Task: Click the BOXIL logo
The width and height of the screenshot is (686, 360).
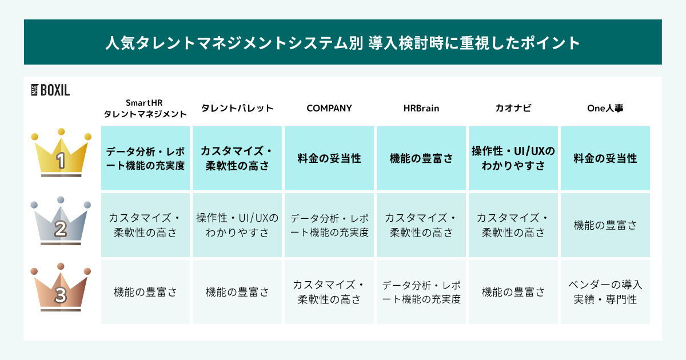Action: click(x=50, y=90)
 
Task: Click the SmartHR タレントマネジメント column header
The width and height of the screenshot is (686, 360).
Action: click(x=145, y=108)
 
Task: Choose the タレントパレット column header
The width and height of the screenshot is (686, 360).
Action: click(x=237, y=108)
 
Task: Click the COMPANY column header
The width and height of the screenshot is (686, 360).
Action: click(x=329, y=108)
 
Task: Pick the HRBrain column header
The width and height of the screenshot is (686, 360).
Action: click(x=421, y=108)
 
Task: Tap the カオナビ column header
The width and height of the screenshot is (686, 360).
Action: click(x=513, y=108)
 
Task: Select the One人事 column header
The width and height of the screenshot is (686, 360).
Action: click(x=605, y=108)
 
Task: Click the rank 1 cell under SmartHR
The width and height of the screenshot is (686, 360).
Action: click(x=145, y=158)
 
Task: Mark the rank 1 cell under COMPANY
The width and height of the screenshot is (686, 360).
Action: click(x=329, y=158)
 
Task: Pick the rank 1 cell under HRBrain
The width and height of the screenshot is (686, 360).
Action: click(x=421, y=158)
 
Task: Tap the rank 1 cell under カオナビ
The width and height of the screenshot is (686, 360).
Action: click(x=513, y=158)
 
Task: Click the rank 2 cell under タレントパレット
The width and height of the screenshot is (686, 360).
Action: click(x=237, y=225)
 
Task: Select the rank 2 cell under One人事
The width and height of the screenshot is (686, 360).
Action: click(x=605, y=225)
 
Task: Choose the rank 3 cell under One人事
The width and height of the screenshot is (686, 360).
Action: click(x=605, y=292)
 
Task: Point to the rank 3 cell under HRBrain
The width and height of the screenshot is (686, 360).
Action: click(x=421, y=292)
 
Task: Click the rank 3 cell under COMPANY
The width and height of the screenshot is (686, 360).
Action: click(x=329, y=292)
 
